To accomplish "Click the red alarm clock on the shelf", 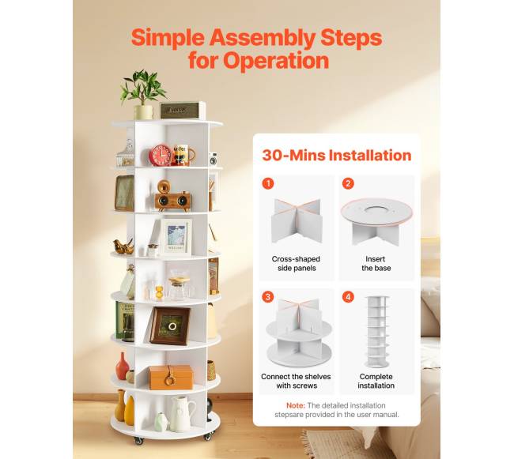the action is point(161,155).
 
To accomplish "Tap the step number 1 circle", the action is point(268,183).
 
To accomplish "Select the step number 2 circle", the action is point(348,183).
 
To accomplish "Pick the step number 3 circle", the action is point(268,297).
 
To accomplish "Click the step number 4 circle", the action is point(348,297).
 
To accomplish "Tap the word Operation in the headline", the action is point(276,61).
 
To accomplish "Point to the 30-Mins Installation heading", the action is point(337,155).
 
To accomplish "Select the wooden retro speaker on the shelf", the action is point(172,196).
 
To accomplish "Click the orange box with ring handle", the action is point(171,377).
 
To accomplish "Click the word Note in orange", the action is point(296,405).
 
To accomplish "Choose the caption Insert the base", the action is point(376,264).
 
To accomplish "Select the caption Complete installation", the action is point(376,381).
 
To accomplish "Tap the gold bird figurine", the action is point(123,246).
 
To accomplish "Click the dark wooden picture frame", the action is point(170,326).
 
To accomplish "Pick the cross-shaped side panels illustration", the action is point(297,220).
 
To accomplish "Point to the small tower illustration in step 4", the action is point(378,332).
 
